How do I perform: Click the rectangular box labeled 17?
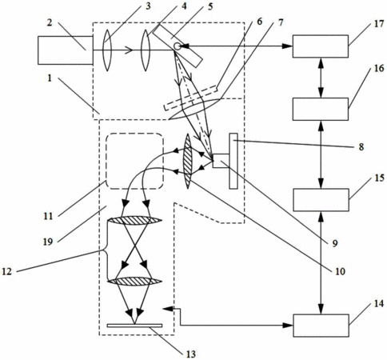click(x=321, y=46)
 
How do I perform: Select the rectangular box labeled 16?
click(x=321, y=109)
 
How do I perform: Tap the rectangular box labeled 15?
click(x=321, y=200)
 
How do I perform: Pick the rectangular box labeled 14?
click(x=321, y=326)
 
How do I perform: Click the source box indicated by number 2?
click(x=66, y=50)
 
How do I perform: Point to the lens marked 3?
click(x=107, y=50)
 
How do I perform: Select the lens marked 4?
click(x=146, y=50)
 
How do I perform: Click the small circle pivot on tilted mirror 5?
click(x=177, y=46)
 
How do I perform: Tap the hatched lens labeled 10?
click(x=188, y=162)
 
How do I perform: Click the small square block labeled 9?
click(x=221, y=161)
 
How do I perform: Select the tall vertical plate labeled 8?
click(x=233, y=161)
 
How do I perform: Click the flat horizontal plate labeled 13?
click(x=134, y=326)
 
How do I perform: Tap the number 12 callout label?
click(x=7, y=271)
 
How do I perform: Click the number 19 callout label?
click(x=48, y=242)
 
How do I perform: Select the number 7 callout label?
click(x=280, y=22)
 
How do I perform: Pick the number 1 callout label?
click(x=50, y=78)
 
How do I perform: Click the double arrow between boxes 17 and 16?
click(x=321, y=78)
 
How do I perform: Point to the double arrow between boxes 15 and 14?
click(x=321, y=263)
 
